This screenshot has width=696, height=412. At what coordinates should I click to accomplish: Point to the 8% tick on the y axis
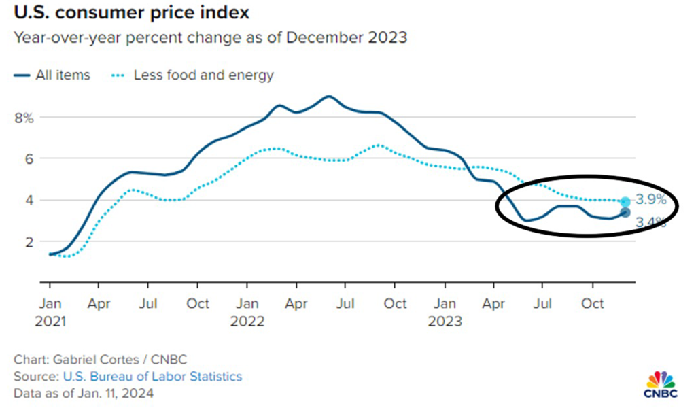pyautogui.click(x=24, y=118)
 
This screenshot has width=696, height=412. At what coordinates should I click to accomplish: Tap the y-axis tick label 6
pyautogui.click(x=28, y=158)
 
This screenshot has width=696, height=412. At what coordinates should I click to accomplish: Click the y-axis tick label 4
pyautogui.click(x=28, y=200)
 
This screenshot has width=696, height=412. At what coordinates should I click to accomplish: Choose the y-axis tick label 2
pyautogui.click(x=28, y=241)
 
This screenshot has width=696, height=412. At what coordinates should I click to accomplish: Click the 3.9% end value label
pyautogui.click(x=650, y=201)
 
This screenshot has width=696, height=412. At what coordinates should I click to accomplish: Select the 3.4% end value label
pyautogui.click(x=650, y=222)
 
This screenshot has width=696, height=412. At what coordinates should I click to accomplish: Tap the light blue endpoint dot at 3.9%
pyautogui.click(x=625, y=201)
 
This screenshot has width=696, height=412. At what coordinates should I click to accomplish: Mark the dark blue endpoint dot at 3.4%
pyautogui.click(x=625, y=213)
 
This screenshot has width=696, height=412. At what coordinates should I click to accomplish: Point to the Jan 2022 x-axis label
pyautogui.click(x=247, y=311)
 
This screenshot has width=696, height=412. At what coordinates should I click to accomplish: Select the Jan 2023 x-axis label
pyautogui.click(x=445, y=311)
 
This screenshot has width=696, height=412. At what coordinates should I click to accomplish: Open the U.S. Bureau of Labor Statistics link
pyautogui.click(x=153, y=376)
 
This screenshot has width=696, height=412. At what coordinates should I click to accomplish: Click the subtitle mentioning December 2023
pyautogui.click(x=211, y=37)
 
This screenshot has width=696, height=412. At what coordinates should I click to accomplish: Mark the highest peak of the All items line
pyautogui.click(x=328, y=96)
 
